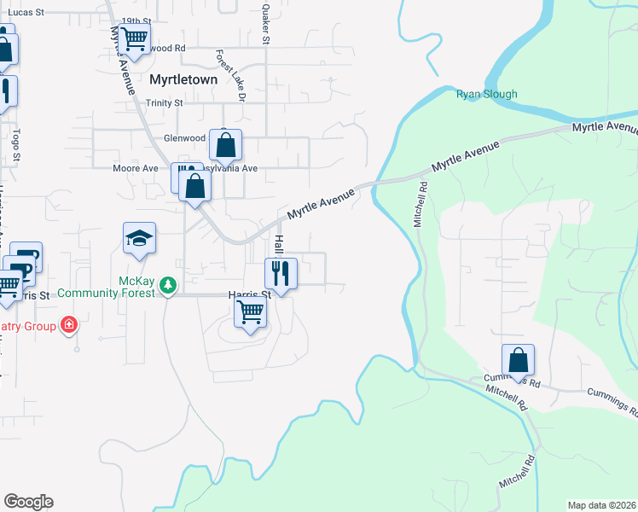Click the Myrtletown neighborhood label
(x=183, y=79)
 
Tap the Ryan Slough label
(x=486, y=94)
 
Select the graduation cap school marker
(x=140, y=239)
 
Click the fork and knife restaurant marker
(x=281, y=274)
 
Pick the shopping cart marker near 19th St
(x=134, y=38)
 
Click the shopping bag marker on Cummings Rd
(x=518, y=361)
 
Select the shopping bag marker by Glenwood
(x=225, y=146)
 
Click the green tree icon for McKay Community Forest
(x=169, y=284)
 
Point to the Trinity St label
(x=164, y=103)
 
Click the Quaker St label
(x=266, y=24)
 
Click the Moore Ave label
(x=136, y=168)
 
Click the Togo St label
(x=15, y=145)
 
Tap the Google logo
(x=28, y=502)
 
